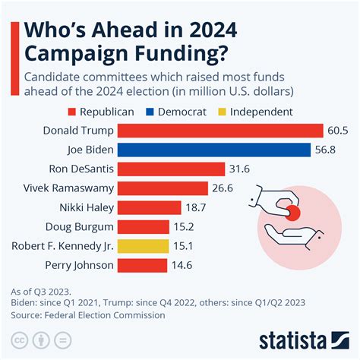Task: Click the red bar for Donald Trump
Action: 220,130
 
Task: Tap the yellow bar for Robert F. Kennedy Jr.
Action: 143,246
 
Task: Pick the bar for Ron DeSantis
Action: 171,169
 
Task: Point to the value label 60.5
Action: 338,130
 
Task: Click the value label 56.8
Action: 327,150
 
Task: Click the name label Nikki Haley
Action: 86,207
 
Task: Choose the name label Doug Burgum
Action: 78,226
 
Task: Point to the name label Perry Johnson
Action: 78,265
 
